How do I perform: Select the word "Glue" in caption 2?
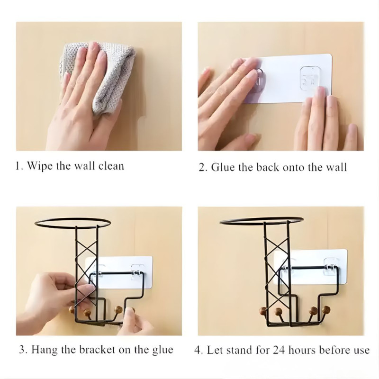tap(222, 167)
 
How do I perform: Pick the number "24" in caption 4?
tap(280, 350)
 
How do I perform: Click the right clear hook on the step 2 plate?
tap(310, 78)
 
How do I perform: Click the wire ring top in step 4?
tap(261, 221)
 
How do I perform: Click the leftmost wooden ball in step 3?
tap(72, 310)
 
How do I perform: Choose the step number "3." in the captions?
tap(23, 350)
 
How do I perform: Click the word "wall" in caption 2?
tap(336, 167)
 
